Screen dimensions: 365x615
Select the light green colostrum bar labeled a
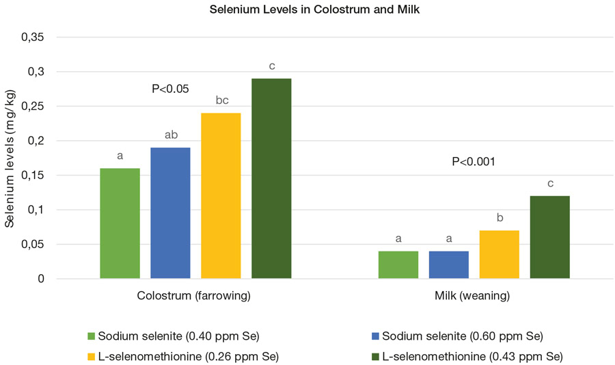coord(120,224)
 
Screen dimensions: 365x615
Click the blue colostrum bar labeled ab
coord(170,213)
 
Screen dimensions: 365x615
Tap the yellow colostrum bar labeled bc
coord(221,196)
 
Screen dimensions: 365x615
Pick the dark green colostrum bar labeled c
coord(271,178)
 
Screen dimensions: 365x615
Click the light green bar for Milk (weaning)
coord(398,265)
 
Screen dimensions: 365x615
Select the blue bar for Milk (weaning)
coord(449,265)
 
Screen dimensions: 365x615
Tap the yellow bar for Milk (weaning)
coord(500,255)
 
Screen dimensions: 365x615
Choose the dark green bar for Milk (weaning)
coord(550,237)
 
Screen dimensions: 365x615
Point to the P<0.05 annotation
coord(170,88)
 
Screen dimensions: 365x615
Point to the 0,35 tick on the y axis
coord(33,38)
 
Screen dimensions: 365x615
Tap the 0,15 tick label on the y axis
coord(33,176)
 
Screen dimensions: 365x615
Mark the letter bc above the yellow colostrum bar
coord(221,100)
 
